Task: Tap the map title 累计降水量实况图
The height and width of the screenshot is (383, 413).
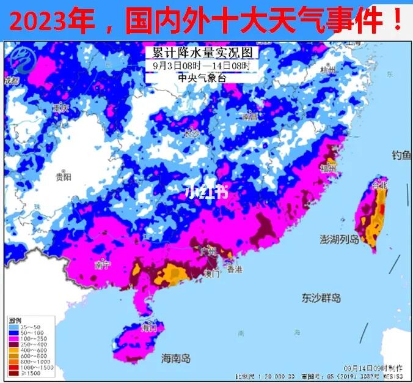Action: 199,53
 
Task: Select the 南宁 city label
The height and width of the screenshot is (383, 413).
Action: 102,265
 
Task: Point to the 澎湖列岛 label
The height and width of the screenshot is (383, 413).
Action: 340,239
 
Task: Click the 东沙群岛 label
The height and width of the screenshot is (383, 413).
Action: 321,298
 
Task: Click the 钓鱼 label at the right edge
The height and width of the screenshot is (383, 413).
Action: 401,157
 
